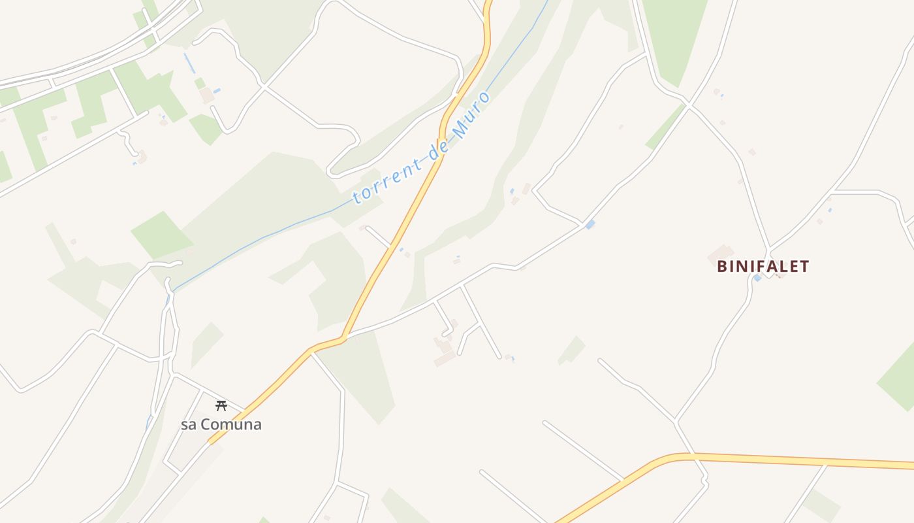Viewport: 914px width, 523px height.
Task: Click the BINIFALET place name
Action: tap(763, 266)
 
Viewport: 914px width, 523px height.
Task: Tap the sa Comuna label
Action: tap(221, 424)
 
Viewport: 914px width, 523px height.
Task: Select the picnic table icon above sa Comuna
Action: tap(221, 406)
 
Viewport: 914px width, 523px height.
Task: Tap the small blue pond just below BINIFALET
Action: tap(757, 278)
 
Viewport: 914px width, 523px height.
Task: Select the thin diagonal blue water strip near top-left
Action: tap(189, 63)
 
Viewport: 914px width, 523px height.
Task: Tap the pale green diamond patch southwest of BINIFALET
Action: tap(571, 350)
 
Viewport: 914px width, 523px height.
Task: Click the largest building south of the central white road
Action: tap(445, 358)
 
